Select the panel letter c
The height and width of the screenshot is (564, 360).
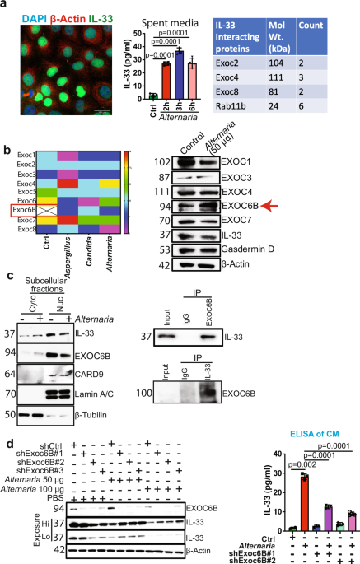[x=7, y=301]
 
